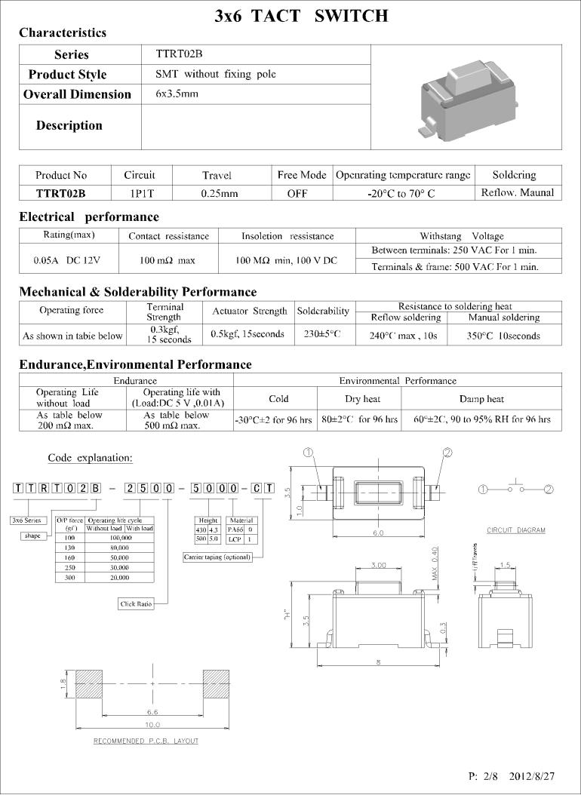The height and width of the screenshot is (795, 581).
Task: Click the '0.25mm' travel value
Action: (x=220, y=193)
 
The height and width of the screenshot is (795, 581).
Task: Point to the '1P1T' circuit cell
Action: (x=141, y=193)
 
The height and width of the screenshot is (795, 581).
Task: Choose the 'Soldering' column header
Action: (x=513, y=175)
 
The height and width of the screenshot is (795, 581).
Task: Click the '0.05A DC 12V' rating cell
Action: (x=66, y=259)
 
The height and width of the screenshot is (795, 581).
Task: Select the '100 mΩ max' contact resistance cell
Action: (x=168, y=260)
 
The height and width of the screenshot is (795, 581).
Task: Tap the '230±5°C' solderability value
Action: (x=323, y=333)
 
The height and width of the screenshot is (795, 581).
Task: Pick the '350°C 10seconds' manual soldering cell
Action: (x=503, y=336)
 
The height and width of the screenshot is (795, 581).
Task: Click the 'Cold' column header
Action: (x=278, y=398)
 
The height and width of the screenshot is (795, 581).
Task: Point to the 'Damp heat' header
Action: (x=481, y=398)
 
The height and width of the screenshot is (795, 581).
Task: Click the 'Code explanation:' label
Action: (x=90, y=458)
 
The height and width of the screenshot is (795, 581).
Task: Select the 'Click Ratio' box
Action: (x=137, y=603)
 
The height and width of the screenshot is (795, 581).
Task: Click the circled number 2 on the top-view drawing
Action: (x=447, y=453)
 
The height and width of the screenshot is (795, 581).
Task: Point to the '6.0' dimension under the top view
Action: (x=377, y=533)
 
